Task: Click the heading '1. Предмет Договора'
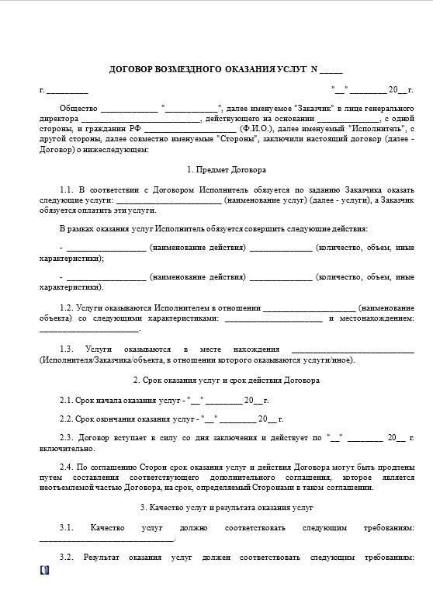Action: (227, 169)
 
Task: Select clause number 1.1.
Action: (67, 190)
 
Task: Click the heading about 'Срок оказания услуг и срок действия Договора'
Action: (227, 380)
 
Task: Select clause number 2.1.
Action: (67, 400)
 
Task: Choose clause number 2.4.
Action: (67, 468)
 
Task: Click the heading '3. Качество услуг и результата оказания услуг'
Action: (227, 507)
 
